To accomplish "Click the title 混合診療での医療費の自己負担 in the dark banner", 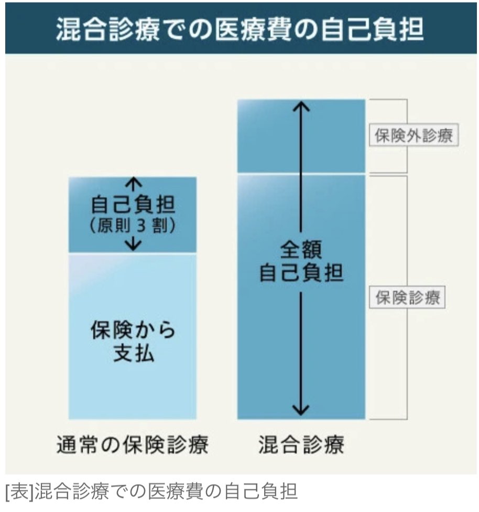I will click(239, 30).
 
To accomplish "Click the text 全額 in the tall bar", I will click(301, 250).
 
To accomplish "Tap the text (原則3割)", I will click(133, 227).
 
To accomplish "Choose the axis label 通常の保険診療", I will click(133, 446).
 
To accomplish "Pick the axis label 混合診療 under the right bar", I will click(301, 446).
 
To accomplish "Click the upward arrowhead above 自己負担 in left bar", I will click(134, 182).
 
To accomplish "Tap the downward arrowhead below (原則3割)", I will click(134, 245).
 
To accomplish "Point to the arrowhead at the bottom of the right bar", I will click(301, 412).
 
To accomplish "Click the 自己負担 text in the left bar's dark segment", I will click(133, 206).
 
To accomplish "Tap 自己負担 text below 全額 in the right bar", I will click(301, 273).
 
